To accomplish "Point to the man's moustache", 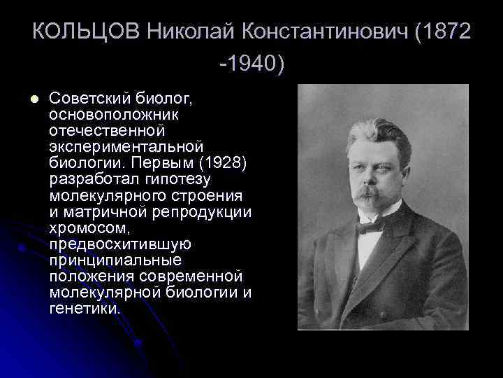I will tap(369, 194).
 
